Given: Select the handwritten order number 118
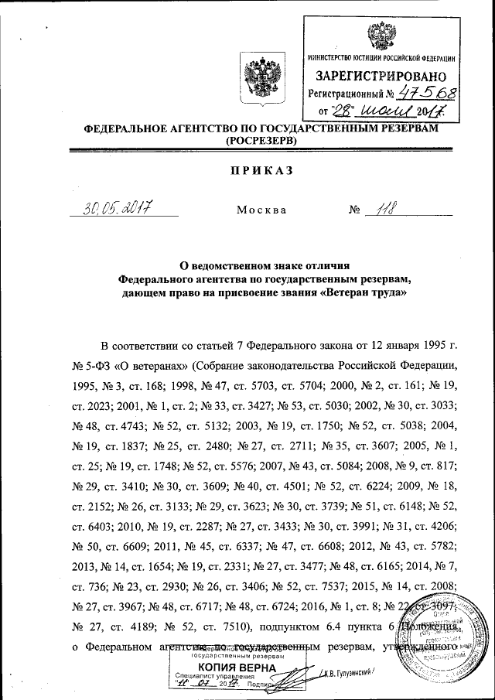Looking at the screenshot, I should pos(389,207).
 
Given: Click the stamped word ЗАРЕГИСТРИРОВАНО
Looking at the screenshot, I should pos(381,77).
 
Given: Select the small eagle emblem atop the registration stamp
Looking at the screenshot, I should pos(381,34).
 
